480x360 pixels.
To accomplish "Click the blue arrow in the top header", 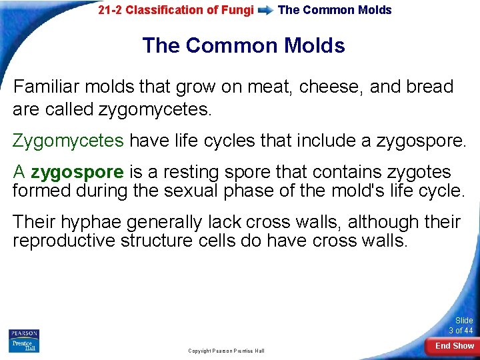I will (265, 11).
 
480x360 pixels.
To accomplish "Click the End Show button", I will (454, 346).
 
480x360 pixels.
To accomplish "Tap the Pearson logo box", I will (24, 333).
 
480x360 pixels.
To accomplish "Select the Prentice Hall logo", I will (24, 345).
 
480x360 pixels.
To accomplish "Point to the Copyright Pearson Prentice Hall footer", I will (226, 351).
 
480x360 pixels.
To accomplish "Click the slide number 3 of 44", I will (461, 325).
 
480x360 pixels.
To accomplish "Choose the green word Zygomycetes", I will (68, 141).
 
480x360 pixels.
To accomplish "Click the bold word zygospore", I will (77, 172).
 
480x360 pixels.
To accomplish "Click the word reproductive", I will (64, 240).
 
